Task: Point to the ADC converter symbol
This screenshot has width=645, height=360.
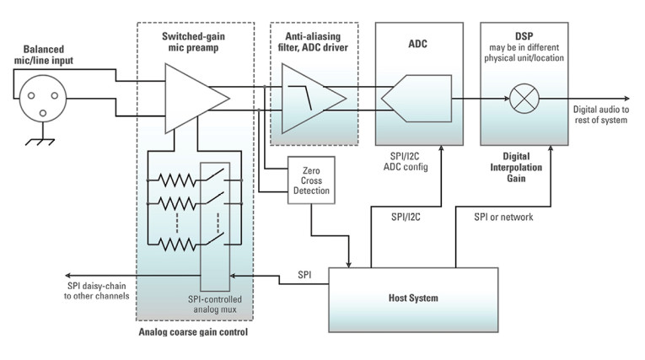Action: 416,99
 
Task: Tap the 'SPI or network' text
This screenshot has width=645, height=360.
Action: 503,217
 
